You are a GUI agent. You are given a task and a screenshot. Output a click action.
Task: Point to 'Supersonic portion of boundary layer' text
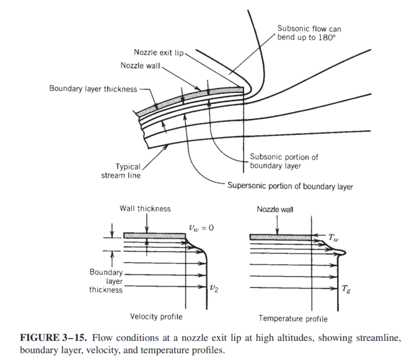click(x=289, y=186)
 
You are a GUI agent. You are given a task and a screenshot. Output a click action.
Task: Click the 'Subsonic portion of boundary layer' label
click(x=284, y=161)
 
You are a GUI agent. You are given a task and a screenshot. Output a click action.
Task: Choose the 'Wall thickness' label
click(x=145, y=208)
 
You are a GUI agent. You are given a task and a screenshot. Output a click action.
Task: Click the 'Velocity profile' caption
click(x=156, y=316)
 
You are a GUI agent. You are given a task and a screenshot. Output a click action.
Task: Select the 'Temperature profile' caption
click(x=293, y=318)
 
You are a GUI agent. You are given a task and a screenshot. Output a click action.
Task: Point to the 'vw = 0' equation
click(x=202, y=226)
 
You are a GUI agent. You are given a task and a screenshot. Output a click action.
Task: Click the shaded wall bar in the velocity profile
click(x=152, y=235)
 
